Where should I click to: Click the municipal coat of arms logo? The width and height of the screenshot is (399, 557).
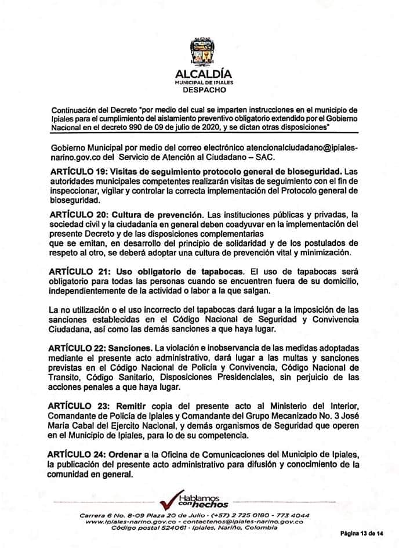(199, 52)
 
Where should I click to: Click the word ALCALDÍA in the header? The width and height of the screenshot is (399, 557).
(199, 74)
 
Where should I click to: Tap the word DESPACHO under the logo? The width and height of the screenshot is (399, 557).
(199, 90)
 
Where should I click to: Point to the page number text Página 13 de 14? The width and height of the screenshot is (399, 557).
(361, 533)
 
